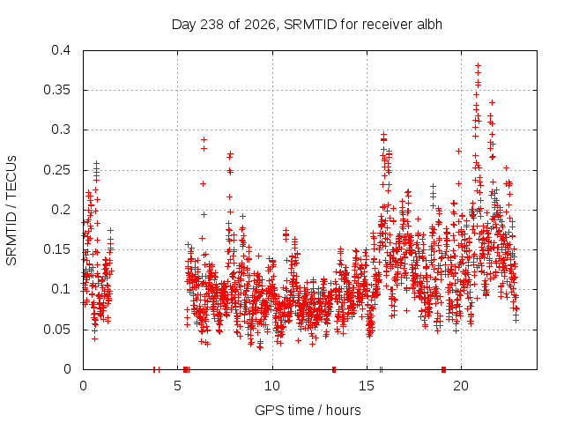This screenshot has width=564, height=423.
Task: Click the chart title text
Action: pos(307,25)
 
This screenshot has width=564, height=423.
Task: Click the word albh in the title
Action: pos(429,24)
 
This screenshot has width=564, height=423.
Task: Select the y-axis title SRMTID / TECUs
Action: pos(11,211)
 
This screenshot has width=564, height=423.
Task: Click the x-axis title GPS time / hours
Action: pos(308,410)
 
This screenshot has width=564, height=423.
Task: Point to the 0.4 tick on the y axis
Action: pos(61,49)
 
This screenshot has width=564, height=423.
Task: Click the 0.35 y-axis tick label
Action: pos(56,90)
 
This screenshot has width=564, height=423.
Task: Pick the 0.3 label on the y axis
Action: pos(61,130)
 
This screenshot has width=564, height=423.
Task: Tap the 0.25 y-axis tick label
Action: pos(56,170)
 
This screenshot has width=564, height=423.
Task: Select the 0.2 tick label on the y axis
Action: pos(61,210)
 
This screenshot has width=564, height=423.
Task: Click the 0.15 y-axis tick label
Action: pos(56,249)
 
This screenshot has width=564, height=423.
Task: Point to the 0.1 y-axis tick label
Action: pos(61,289)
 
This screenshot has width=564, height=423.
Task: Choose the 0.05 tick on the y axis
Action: pos(56,329)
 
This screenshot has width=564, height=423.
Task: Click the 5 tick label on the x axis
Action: pos(177,386)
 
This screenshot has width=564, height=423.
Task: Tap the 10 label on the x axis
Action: pos(272,386)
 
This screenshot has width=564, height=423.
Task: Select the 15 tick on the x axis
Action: pos(367,386)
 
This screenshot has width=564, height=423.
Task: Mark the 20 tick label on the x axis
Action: pos(461,386)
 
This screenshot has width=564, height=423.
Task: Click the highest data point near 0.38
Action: pos(478,65)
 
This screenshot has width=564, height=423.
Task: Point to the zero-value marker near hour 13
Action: pos(334,369)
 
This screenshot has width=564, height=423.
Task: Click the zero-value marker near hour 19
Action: pos(443,369)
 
